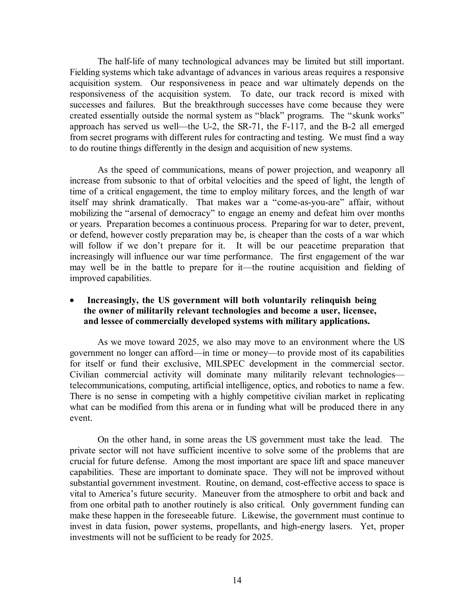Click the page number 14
coord(237,580)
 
